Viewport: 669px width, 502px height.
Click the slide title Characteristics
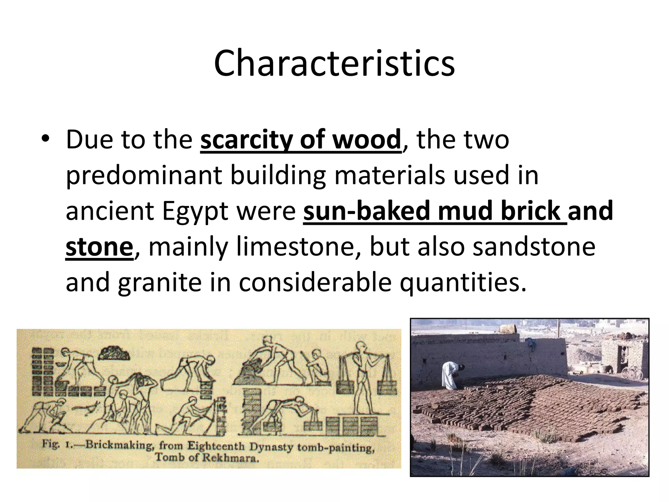(x=334, y=63)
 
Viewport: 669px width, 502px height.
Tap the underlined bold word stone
(x=99, y=247)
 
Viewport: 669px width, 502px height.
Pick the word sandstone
(x=534, y=247)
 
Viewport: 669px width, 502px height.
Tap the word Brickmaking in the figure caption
(x=117, y=445)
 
